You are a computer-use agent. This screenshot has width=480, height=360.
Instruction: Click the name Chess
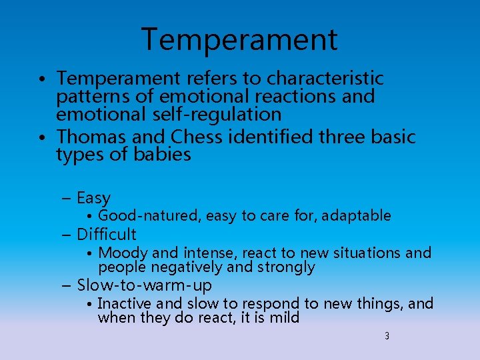[197, 137]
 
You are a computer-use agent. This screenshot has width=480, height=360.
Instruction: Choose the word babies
[162, 155]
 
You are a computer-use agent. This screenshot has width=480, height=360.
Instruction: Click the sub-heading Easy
[93, 198]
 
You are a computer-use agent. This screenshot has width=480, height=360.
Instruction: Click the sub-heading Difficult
[107, 235]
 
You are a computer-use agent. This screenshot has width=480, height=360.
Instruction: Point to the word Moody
[123, 253]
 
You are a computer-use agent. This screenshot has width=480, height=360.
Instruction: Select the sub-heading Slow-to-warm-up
[145, 286]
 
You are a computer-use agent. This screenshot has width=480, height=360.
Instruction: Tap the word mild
[284, 318]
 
